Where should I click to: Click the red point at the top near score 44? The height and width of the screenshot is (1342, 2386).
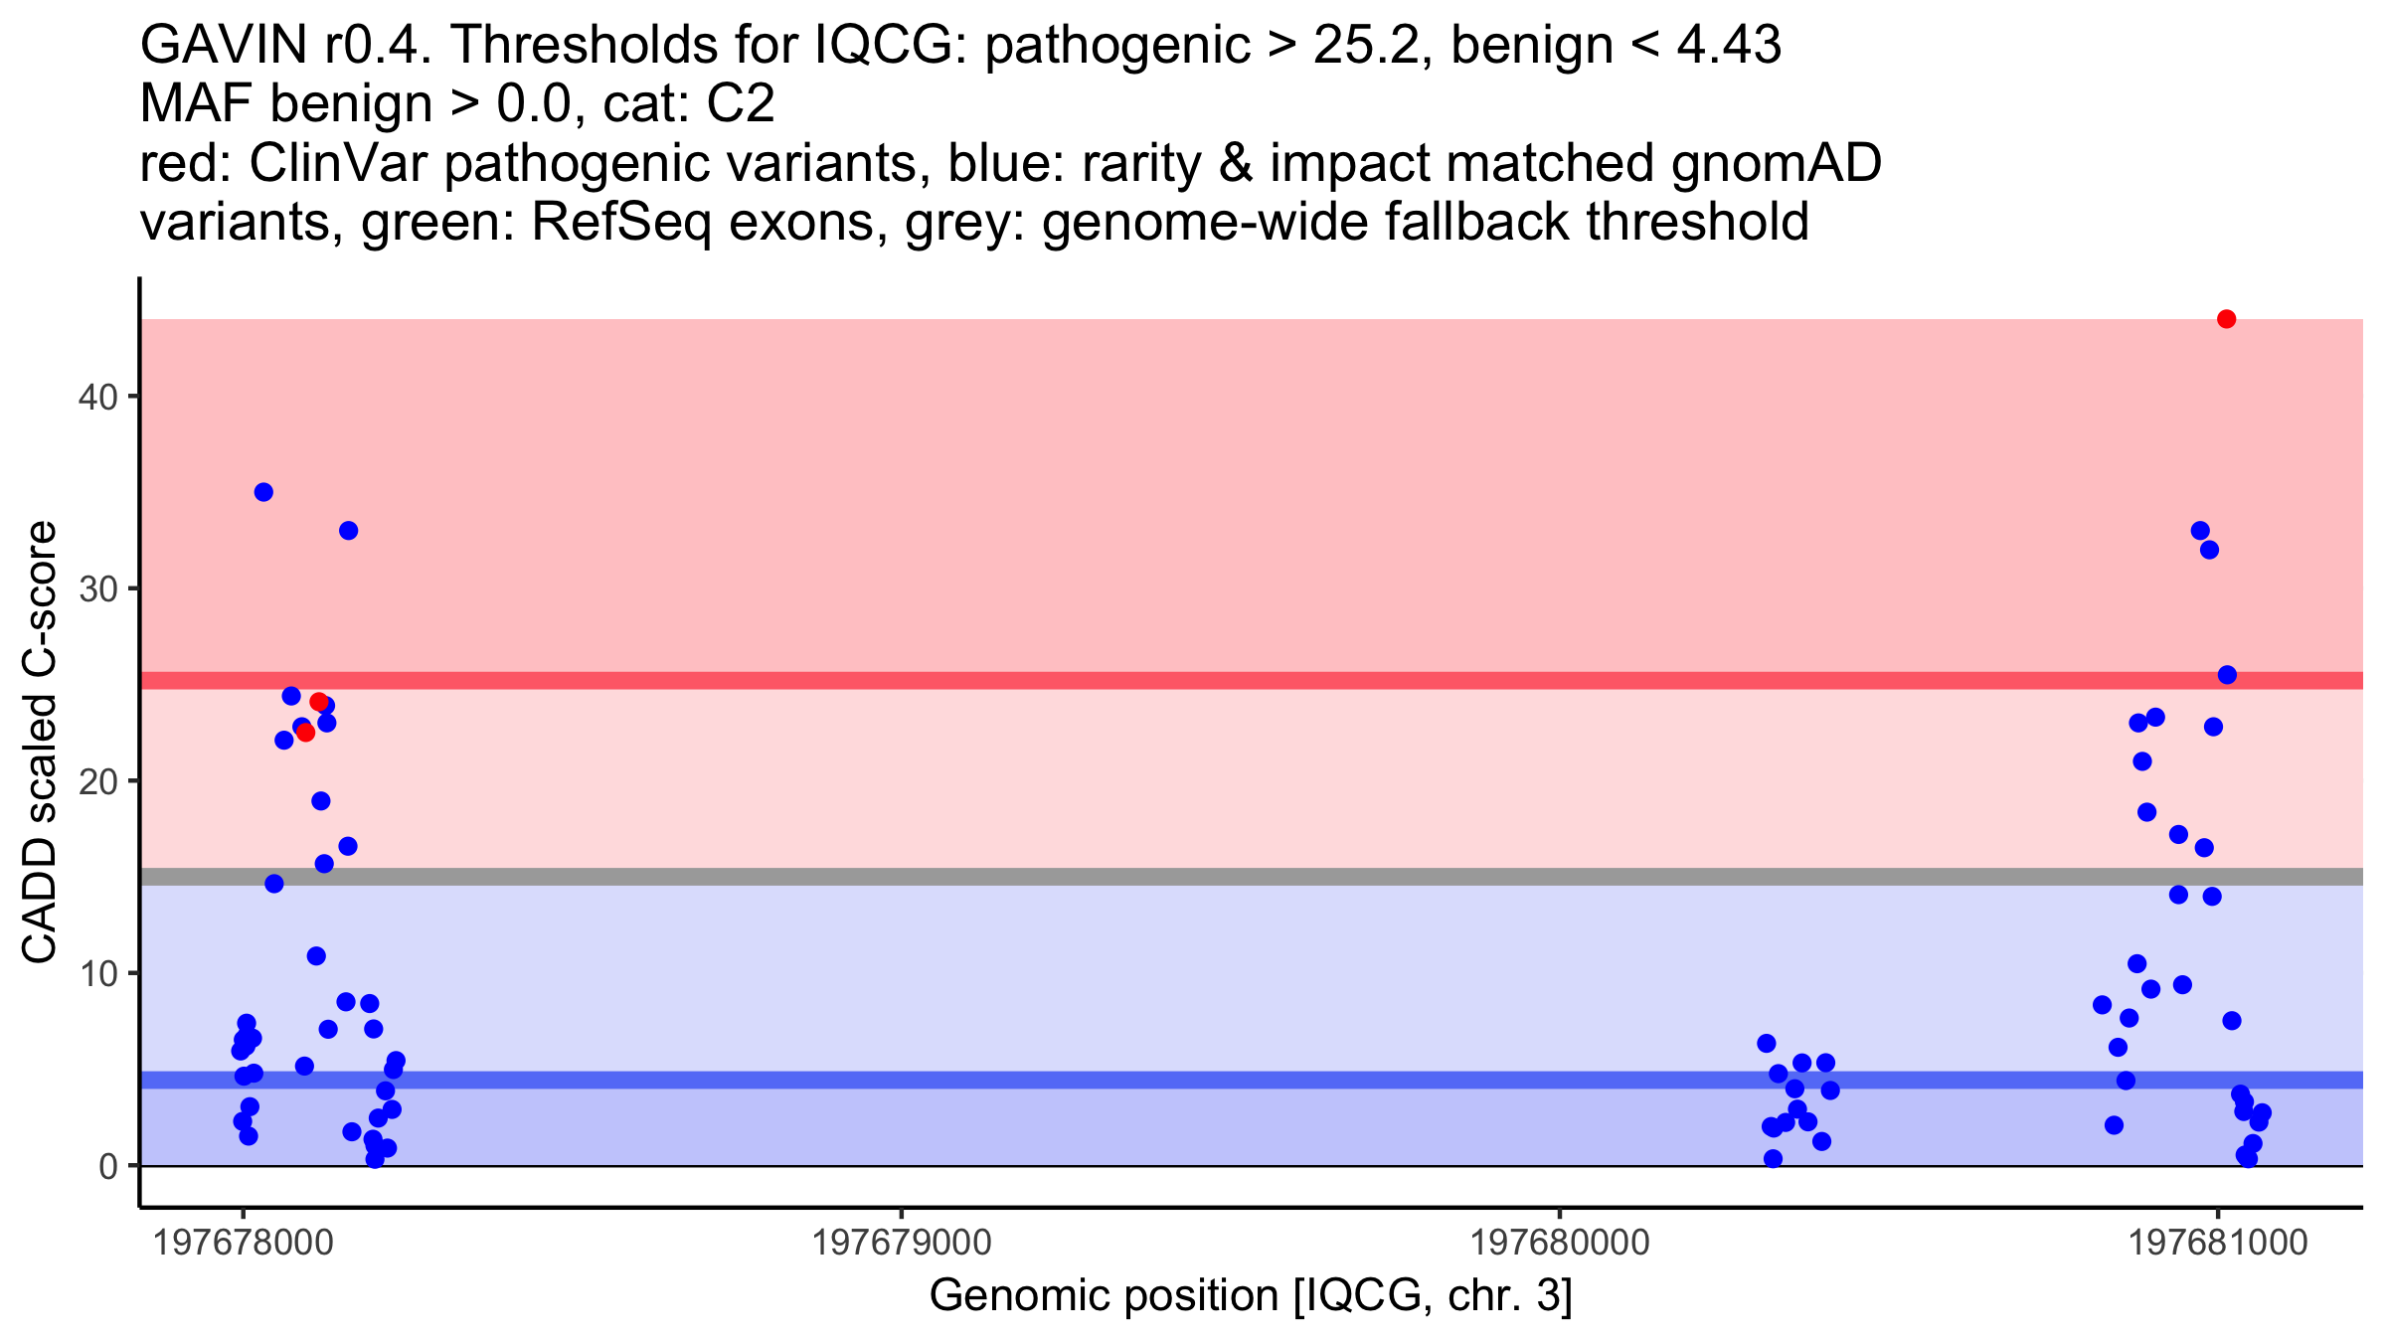[x=2227, y=319]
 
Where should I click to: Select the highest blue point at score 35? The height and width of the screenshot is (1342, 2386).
[x=263, y=492]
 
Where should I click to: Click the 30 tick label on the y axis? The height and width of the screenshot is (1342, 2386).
[x=97, y=588]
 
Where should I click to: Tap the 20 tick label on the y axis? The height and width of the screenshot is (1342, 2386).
[x=97, y=781]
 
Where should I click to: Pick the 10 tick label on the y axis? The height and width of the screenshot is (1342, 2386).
[x=97, y=973]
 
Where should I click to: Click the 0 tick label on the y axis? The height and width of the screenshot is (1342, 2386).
[x=108, y=1166]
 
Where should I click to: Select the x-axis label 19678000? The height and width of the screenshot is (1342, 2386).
[x=243, y=1243]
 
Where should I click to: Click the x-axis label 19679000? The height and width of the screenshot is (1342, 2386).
[x=902, y=1243]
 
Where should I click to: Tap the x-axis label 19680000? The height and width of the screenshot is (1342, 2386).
[x=1559, y=1243]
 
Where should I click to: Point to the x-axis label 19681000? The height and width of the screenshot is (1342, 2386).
[x=2217, y=1243]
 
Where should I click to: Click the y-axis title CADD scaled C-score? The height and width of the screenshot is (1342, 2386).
[x=40, y=744]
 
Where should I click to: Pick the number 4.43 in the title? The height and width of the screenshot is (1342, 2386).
[x=1729, y=45]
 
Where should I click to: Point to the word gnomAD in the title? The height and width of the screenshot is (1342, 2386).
[x=1777, y=163]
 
